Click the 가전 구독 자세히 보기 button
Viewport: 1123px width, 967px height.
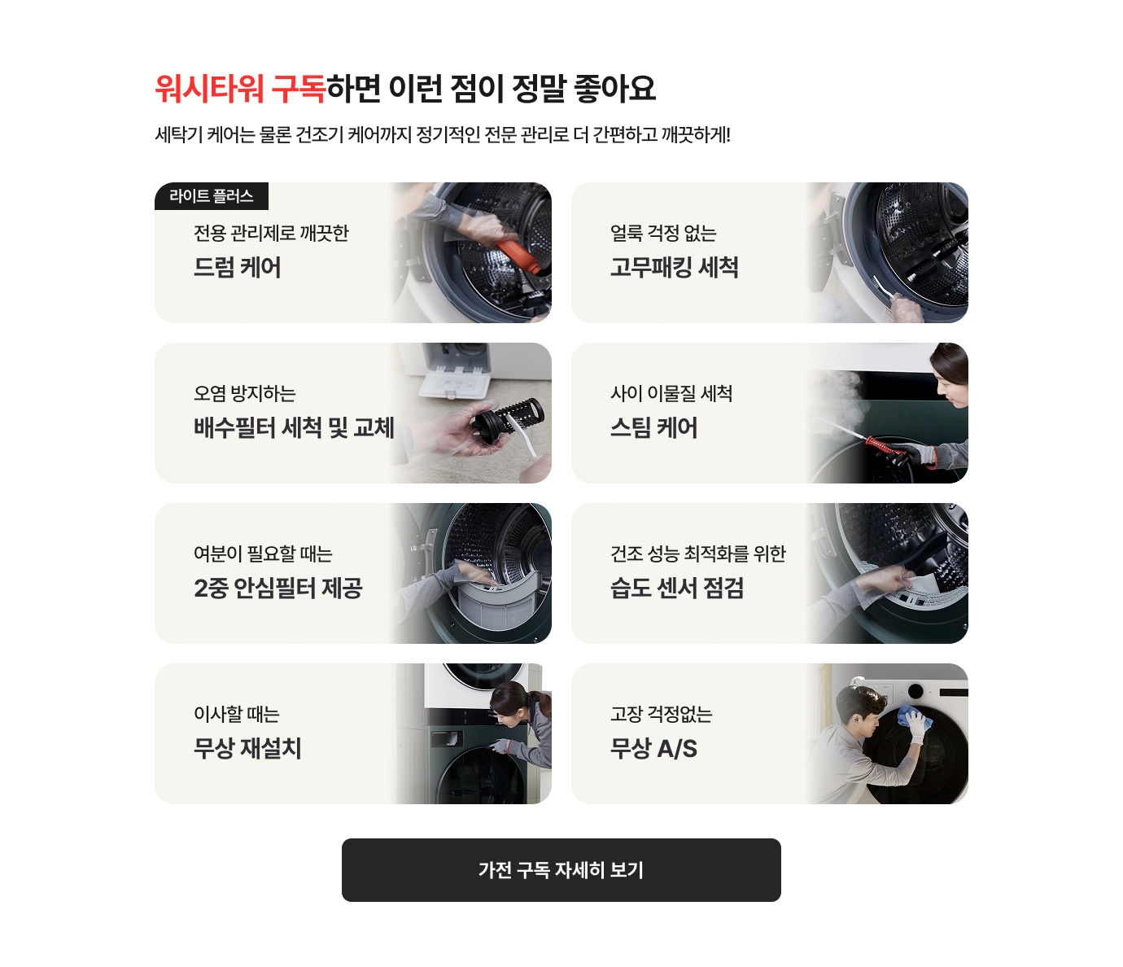(561, 869)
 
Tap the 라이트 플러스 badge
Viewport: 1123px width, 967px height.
(212, 195)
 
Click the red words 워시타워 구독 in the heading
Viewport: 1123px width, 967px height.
(240, 88)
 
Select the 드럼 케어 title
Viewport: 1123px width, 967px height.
(238, 268)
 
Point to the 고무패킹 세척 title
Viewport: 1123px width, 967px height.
(674, 268)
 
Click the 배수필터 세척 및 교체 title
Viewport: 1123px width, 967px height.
(294, 428)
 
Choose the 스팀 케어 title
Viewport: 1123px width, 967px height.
(653, 428)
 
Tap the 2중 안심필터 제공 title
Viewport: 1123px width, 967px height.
(278, 589)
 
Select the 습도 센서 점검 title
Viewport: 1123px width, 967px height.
(677, 589)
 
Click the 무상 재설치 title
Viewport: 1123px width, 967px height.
(247, 749)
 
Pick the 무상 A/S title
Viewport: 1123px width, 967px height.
(653, 749)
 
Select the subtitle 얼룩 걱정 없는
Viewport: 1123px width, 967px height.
(663, 233)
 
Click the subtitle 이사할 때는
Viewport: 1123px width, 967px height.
(236, 714)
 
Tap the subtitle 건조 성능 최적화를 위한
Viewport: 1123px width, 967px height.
(697, 554)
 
